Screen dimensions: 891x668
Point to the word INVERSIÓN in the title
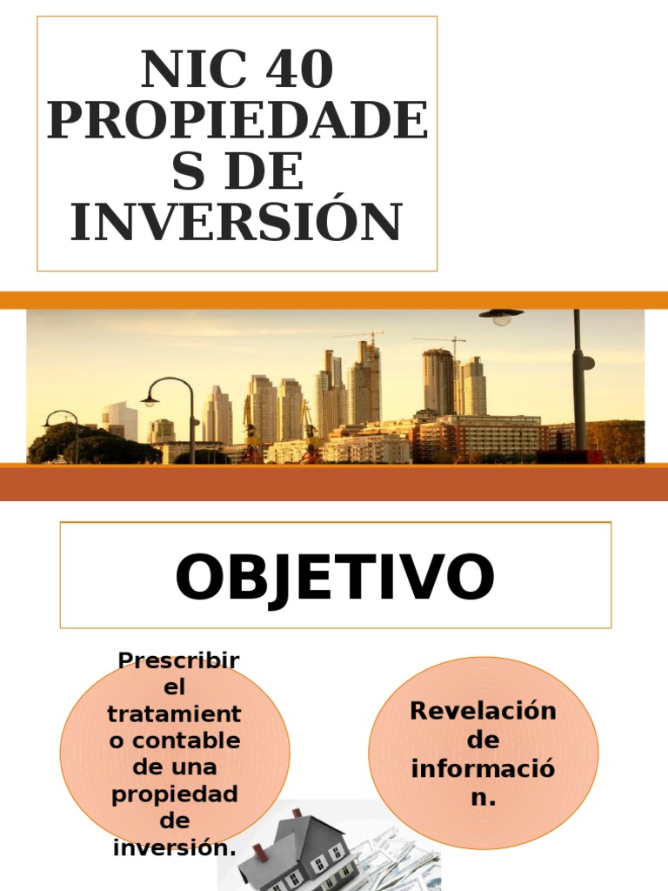pyautogui.click(x=237, y=222)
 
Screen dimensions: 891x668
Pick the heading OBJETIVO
pyautogui.click(x=335, y=577)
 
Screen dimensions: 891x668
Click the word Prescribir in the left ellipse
pyautogui.click(x=178, y=660)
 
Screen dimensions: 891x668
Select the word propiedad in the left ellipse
pyautogui.click(x=175, y=794)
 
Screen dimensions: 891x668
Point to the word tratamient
pyautogui.click(x=174, y=713)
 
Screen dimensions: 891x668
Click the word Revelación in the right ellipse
pyautogui.click(x=483, y=711)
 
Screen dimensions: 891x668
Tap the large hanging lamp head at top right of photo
pyautogui.click(x=502, y=315)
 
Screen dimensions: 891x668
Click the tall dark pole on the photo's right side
pyautogui.click(x=578, y=383)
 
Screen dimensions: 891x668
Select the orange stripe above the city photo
pyautogui.click(x=334, y=300)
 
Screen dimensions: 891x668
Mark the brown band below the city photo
pyautogui.click(x=334, y=483)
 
